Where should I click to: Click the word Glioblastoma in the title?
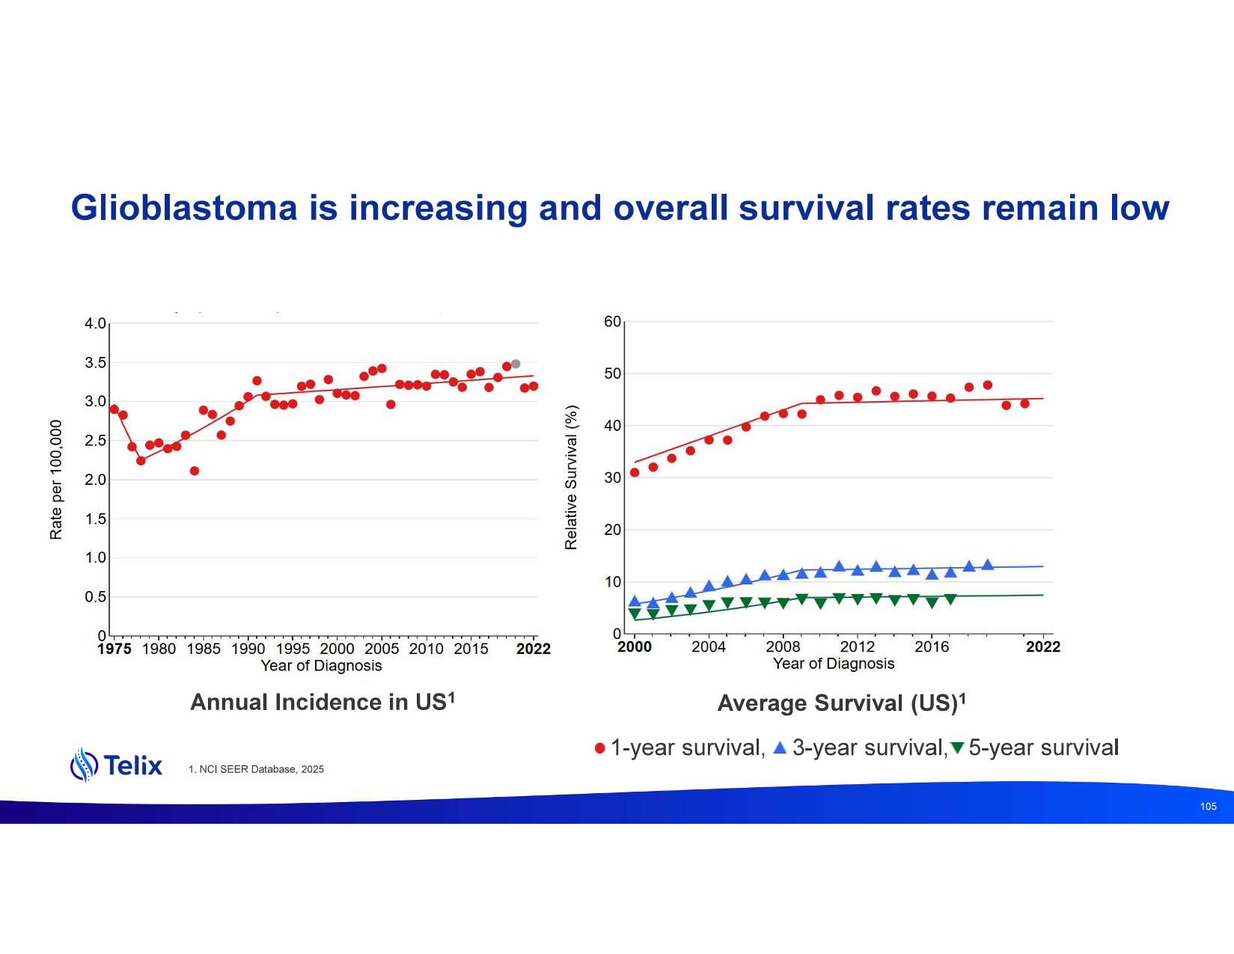184,208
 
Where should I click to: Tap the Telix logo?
116,765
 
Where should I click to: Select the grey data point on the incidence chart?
516,364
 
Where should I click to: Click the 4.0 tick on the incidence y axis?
95,324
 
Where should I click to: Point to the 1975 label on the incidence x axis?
114,649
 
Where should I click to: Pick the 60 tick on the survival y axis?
612,322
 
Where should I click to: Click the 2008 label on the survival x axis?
783,646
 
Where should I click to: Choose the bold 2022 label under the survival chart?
1043,646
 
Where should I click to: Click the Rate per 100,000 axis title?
56,480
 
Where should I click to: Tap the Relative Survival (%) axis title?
571,477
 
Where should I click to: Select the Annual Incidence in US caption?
323,702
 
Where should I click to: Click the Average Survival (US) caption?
841,703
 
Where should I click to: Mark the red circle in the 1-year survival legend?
600,748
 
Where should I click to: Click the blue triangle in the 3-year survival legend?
780,747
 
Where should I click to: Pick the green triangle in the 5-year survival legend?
957,748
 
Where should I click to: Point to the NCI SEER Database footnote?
256,769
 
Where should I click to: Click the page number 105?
1208,806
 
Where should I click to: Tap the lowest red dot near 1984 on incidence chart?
195,471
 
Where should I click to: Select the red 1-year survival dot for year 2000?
635,472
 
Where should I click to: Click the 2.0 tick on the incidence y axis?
95,480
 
